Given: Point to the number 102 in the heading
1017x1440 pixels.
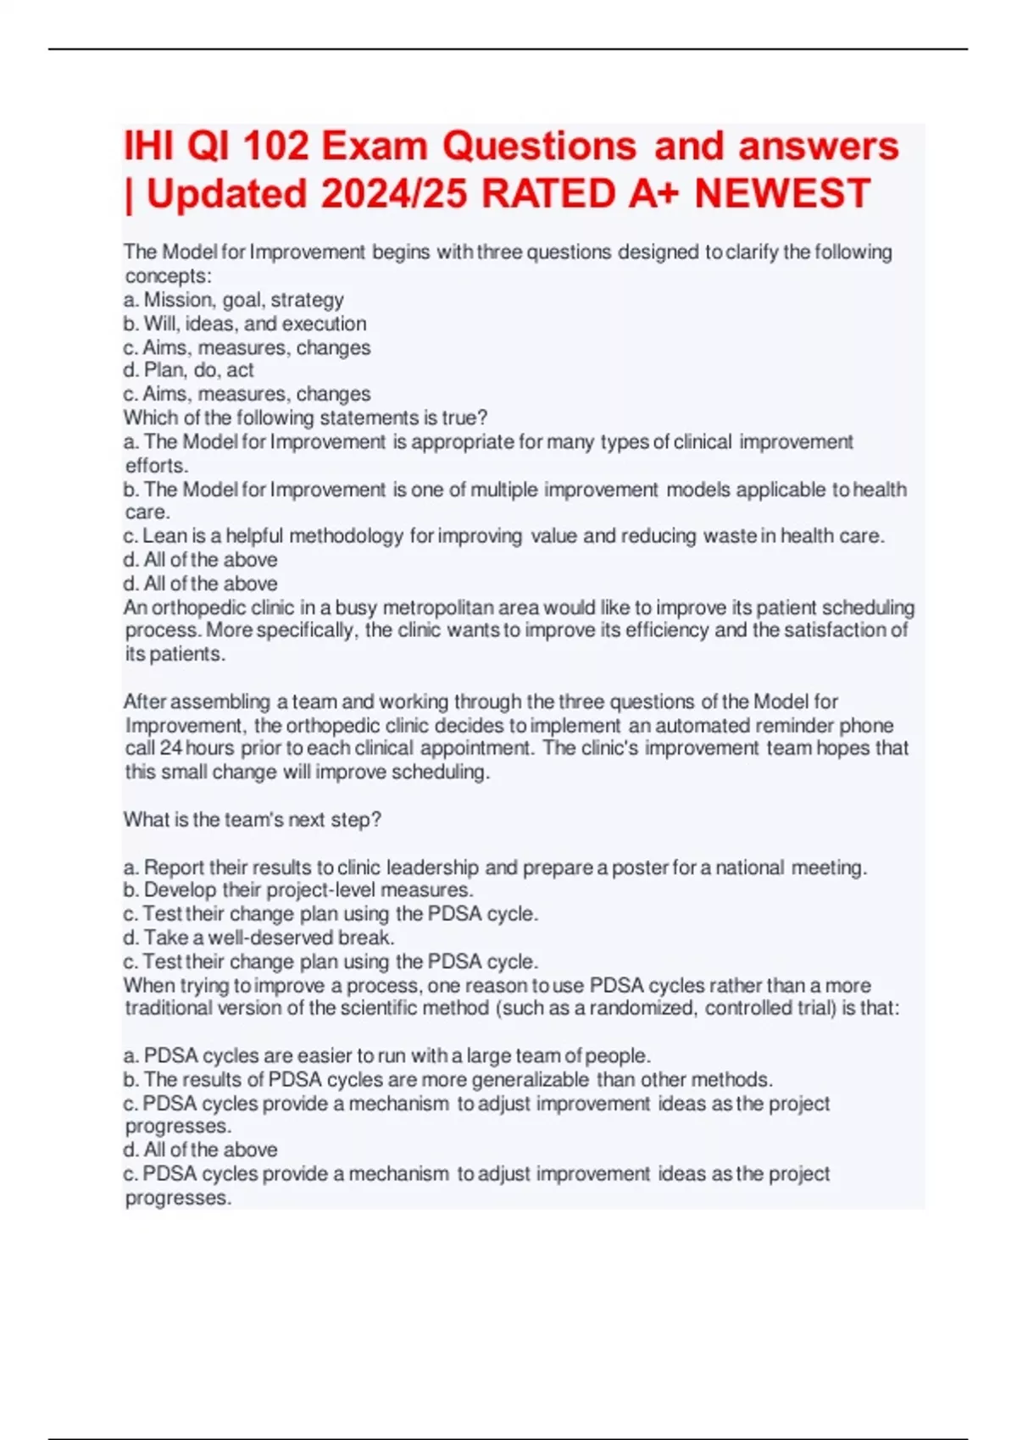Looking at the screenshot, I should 275,146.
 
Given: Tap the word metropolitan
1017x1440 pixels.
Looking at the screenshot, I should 445,607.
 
